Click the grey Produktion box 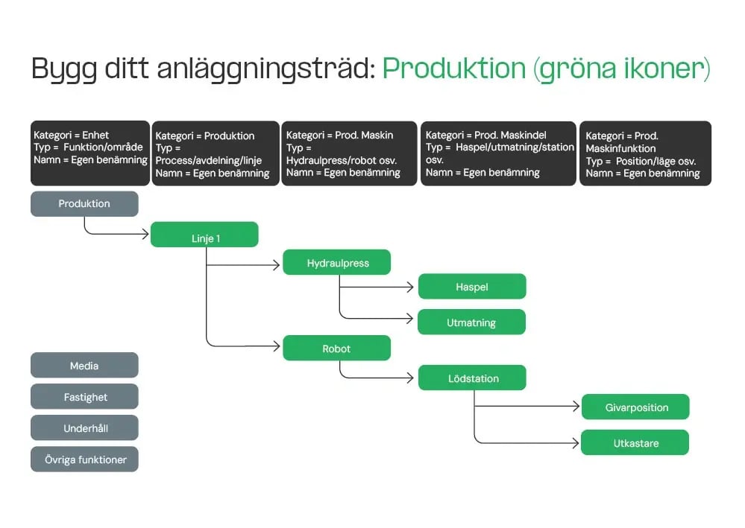coord(84,204)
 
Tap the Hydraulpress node coord(337,262)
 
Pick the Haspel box coord(472,287)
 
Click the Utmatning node coord(471,322)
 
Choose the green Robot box coord(336,348)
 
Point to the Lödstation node coord(472,378)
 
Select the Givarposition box coord(635,407)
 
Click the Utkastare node coord(635,443)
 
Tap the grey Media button coord(84,366)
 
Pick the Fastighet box coord(84,397)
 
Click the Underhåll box coord(84,428)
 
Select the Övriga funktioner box coord(84,459)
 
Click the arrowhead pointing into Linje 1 coord(145,234)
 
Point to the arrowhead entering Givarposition coord(576,407)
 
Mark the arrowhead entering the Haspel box coord(412,287)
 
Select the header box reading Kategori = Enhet coord(90,153)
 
